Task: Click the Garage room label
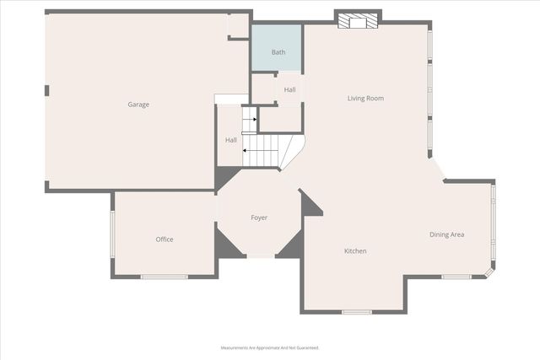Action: [138, 105]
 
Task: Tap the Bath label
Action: [278, 52]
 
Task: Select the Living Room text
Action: [365, 99]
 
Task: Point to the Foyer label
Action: [259, 218]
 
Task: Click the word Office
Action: [165, 239]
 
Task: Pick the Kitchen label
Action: [355, 251]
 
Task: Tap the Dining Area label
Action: [446, 234]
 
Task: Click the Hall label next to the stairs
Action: [230, 140]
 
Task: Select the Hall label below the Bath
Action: [289, 89]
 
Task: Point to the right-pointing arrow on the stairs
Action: [250, 121]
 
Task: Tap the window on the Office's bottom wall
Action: [164, 277]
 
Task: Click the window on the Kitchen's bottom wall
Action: [356, 312]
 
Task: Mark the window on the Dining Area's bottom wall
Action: [456, 277]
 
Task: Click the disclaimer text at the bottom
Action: [270, 347]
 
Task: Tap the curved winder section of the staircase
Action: [290, 152]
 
